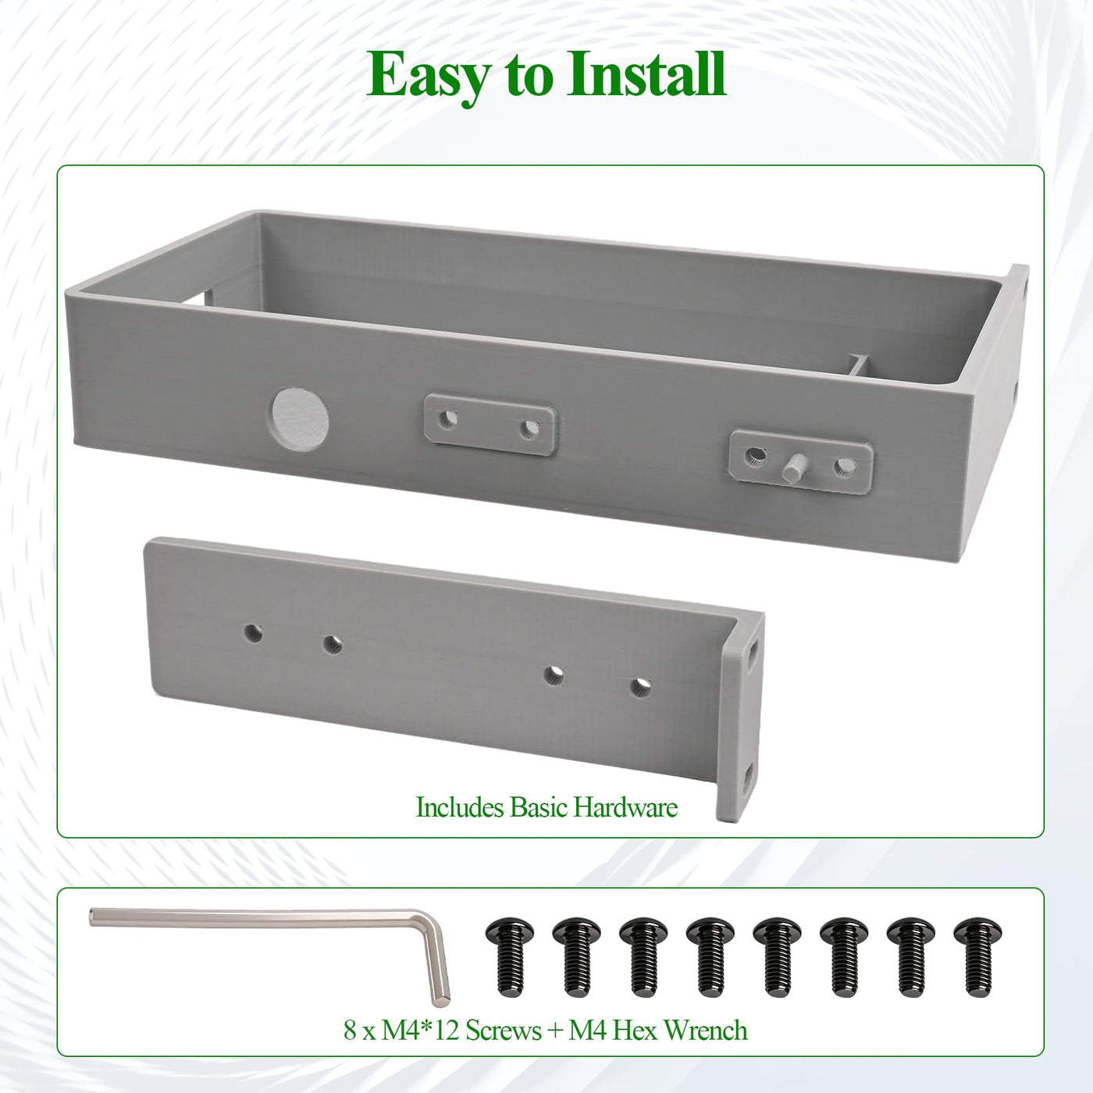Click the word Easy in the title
pos(429,76)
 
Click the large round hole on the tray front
pos(300,420)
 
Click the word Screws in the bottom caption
pos(504,1031)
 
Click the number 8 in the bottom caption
pos(350,1031)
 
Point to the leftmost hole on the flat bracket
pos(253,633)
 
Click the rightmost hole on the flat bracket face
pos(640,688)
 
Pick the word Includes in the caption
pos(459,807)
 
